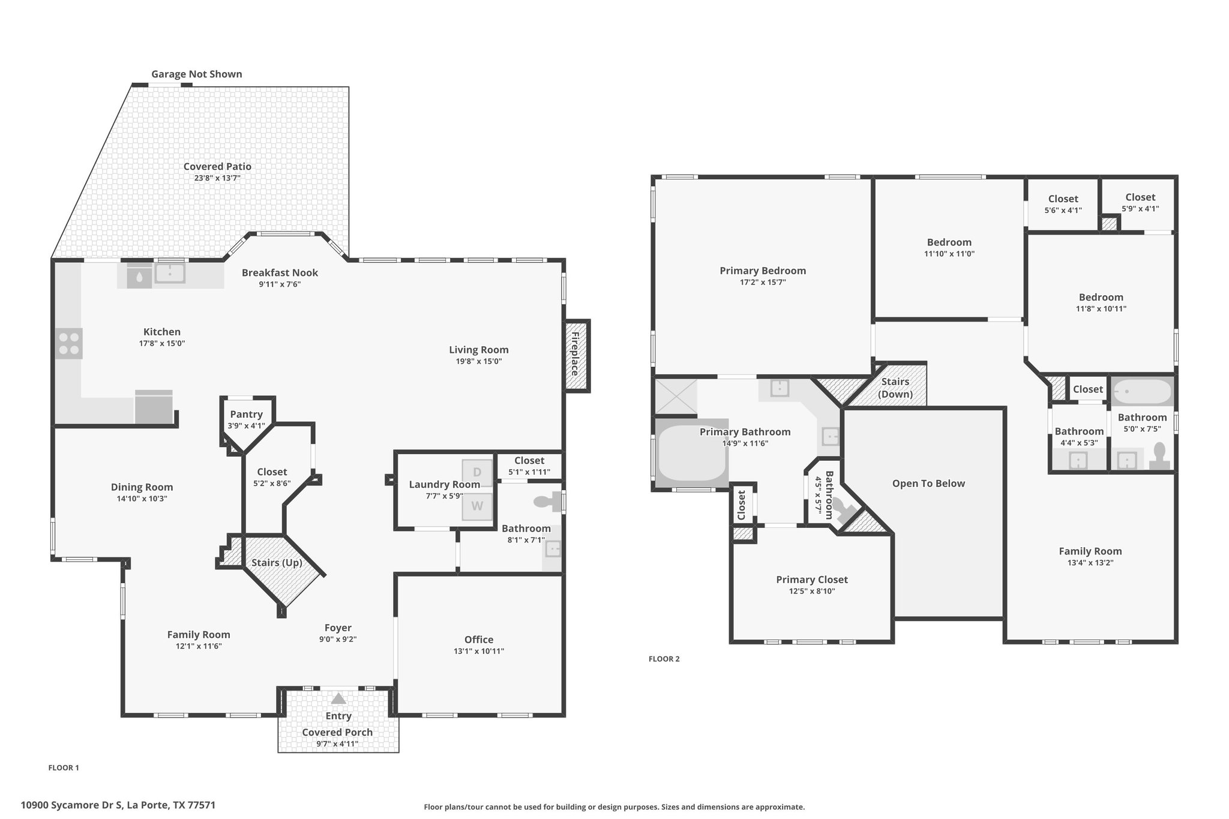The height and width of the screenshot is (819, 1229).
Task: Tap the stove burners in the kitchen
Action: (x=69, y=343)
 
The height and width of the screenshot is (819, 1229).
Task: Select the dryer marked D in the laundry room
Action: (x=477, y=473)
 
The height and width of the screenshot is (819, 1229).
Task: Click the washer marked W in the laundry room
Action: (x=477, y=506)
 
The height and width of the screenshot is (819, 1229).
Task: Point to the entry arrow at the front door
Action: (x=338, y=698)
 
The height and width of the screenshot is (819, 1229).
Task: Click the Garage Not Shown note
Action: (x=197, y=74)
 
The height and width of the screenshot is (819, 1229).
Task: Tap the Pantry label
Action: (x=247, y=414)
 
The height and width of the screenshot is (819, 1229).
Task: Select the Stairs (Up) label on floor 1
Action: (x=277, y=563)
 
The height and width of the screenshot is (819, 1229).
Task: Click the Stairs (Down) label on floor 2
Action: (x=895, y=388)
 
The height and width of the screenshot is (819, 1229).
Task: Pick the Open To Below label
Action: (x=928, y=484)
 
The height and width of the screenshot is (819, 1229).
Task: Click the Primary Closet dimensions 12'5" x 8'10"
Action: (x=812, y=591)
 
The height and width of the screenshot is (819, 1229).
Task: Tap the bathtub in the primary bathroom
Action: (x=692, y=453)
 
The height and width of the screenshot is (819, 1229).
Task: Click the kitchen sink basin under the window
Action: (x=170, y=273)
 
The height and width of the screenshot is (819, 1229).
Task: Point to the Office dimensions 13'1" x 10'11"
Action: (x=479, y=651)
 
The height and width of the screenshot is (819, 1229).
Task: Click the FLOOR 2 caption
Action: (x=664, y=659)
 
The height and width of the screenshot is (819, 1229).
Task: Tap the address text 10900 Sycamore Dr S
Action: (x=71, y=805)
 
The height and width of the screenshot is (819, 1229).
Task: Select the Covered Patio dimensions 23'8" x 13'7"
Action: (x=217, y=178)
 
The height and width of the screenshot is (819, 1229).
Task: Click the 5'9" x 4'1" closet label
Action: (x=1140, y=209)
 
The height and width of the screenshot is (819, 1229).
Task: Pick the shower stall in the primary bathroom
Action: (x=676, y=397)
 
